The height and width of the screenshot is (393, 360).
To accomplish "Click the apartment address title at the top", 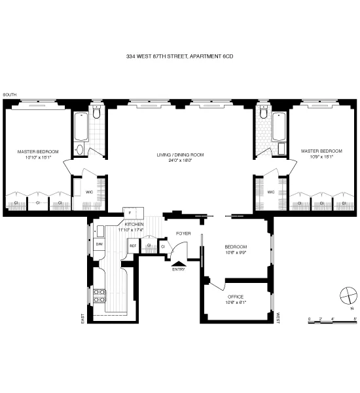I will pyautogui.click(x=179, y=57).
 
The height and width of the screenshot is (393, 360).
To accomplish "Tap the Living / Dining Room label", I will pyautogui.click(x=180, y=158).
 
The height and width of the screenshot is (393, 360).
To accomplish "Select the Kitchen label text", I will pyautogui.click(x=130, y=227).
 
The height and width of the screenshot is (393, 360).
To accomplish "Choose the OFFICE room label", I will pyautogui.click(x=235, y=299).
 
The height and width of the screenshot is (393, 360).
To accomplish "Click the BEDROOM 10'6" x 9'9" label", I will pyautogui.click(x=235, y=250).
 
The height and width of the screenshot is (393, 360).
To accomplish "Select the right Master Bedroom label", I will pyautogui.click(x=317, y=154).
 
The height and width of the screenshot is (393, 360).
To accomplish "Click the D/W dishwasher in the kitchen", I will pyautogui.click(x=99, y=244).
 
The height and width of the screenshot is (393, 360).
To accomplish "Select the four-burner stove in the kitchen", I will pyautogui.click(x=99, y=295).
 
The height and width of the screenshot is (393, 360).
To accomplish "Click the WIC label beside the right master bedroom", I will pyautogui.click(x=270, y=192).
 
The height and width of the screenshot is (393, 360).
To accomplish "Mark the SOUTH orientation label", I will pyautogui.click(x=9, y=96).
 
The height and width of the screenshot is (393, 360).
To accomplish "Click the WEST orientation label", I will pyautogui.click(x=277, y=318).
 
